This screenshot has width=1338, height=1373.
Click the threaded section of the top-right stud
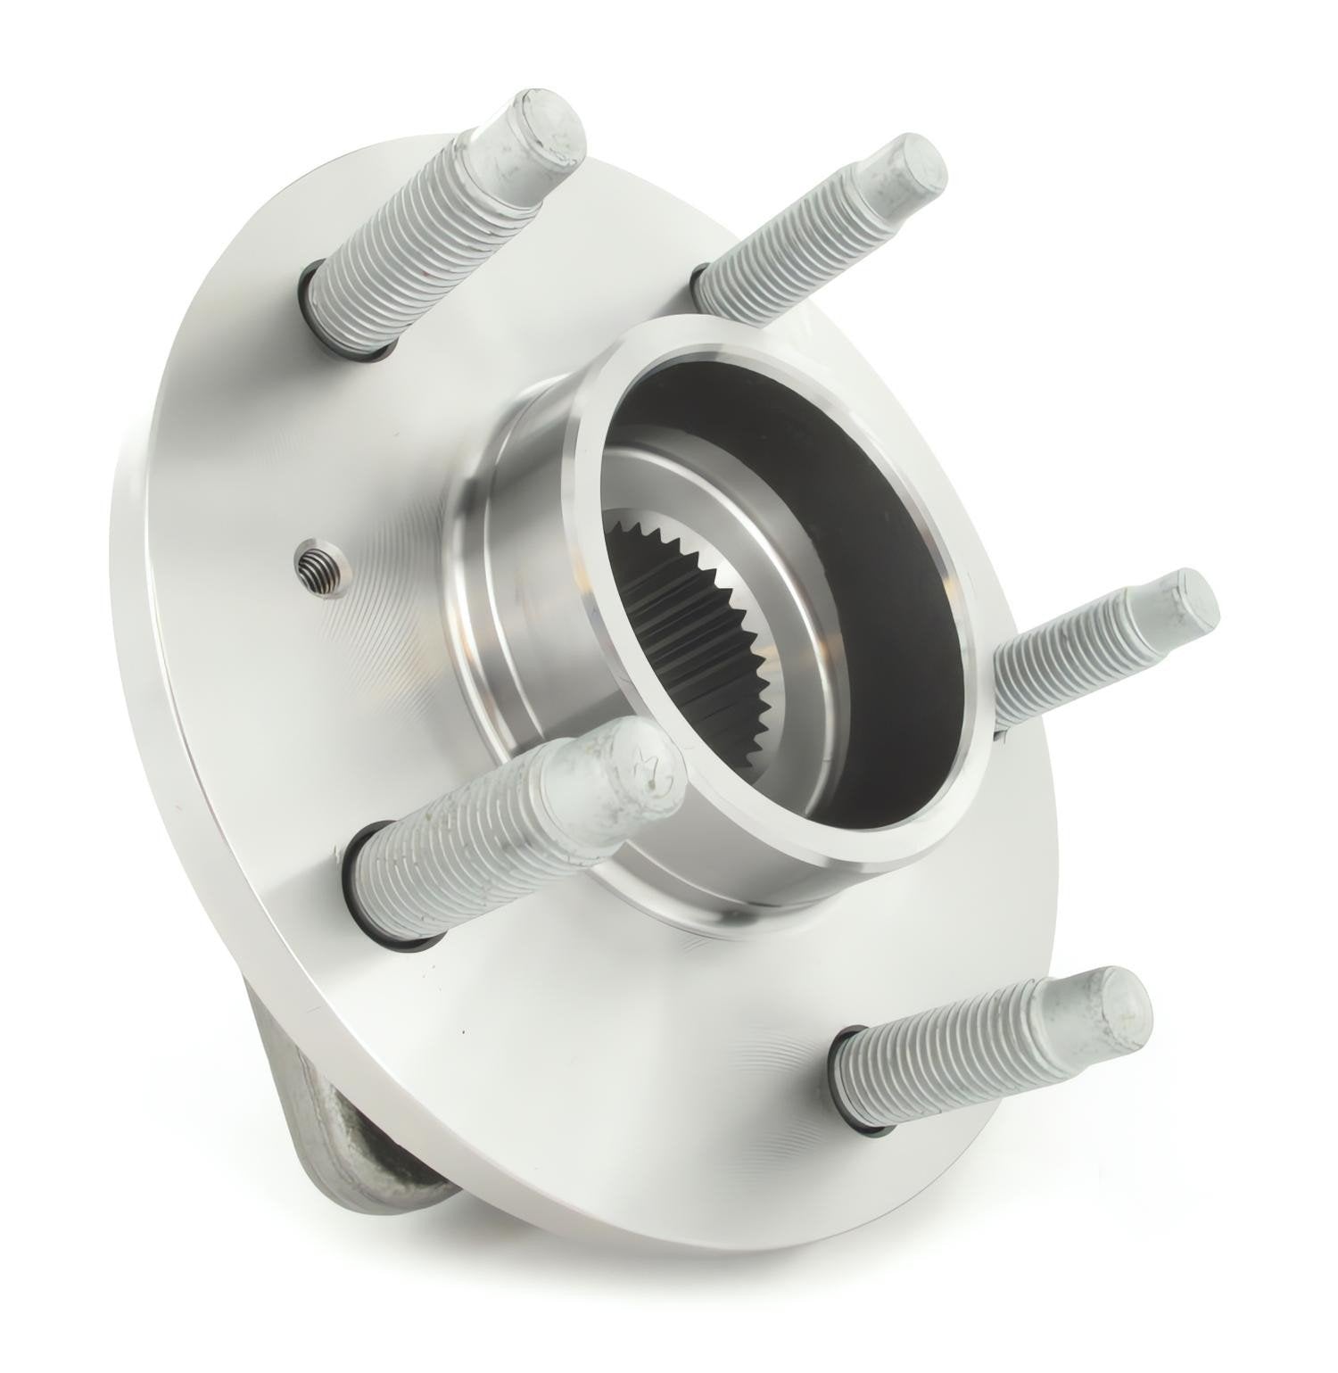click(x=785, y=250)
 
